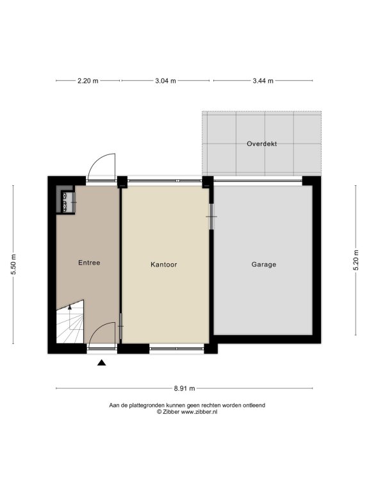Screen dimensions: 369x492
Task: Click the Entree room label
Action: [89, 263]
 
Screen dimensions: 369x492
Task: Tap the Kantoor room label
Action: [164, 265]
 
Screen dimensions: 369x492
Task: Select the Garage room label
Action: [264, 265]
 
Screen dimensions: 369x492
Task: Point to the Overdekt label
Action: [261, 143]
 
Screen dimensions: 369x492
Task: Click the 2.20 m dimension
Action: [88, 81]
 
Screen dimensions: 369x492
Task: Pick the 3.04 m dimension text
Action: [165, 81]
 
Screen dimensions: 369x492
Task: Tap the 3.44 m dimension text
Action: [263, 81]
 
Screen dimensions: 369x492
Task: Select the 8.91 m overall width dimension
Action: [184, 388]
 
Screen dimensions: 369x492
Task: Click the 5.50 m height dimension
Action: [13, 264]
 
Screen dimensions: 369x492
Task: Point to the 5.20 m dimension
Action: [356, 260]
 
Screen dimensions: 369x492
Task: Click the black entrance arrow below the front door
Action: [101, 363]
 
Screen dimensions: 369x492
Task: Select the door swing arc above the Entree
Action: [97, 159]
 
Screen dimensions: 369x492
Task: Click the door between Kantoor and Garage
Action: [211, 217]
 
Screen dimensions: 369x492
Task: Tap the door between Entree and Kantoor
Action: [120, 326]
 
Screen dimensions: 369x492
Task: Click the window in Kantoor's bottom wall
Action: [177, 348]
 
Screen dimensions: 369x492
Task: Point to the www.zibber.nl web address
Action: [199, 412]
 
